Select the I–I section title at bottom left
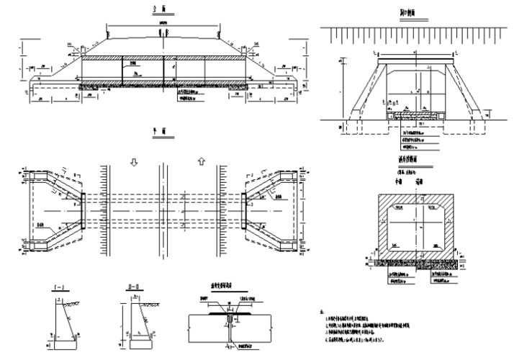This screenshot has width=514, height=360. (57, 288)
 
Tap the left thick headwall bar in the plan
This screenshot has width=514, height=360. (83, 210)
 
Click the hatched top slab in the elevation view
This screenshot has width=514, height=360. (163, 53)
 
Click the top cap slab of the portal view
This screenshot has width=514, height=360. (413, 55)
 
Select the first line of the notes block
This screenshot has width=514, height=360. (360, 318)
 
